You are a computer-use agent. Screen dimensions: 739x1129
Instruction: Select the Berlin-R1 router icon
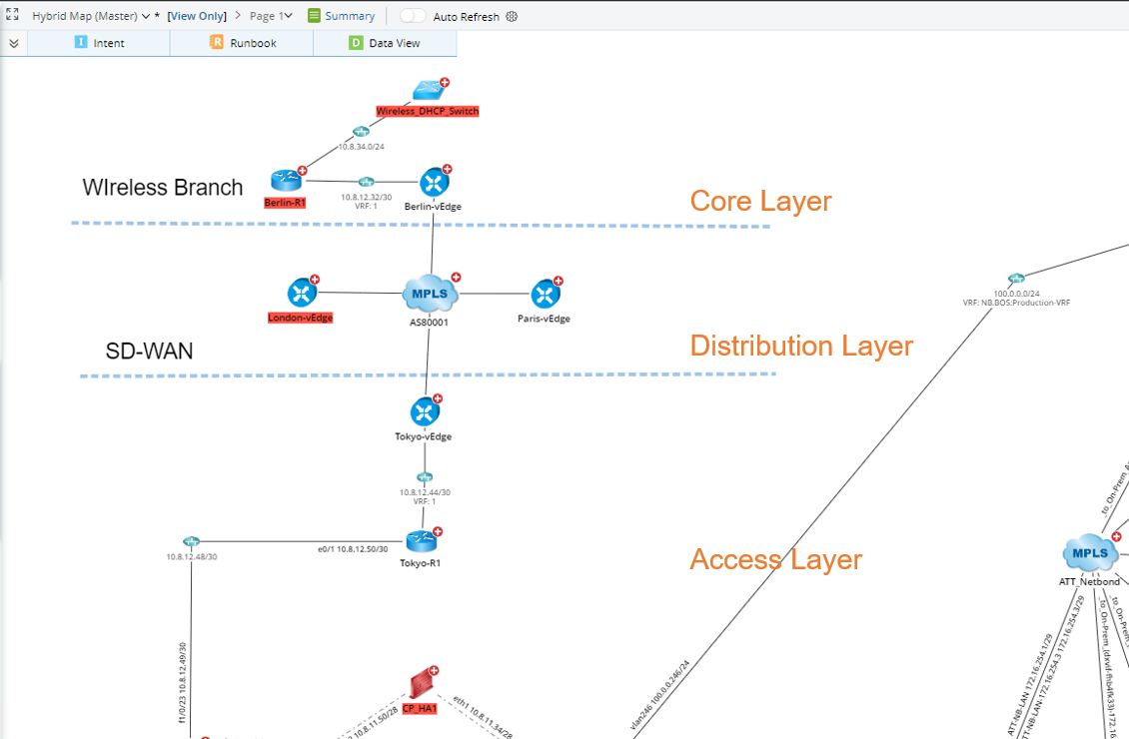286,181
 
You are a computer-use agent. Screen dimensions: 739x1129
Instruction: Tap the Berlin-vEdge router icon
434,183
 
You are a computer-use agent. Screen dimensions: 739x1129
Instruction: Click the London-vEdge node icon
302,293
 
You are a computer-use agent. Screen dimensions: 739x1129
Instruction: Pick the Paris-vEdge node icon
545,294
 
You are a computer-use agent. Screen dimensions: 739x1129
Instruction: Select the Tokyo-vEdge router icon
425,411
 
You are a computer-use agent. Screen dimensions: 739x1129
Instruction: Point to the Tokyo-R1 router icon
421,541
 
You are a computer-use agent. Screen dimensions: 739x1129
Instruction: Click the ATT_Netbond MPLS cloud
1090,553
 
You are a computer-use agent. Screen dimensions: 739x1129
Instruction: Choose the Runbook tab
243,43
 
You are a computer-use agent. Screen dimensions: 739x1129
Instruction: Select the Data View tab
385,43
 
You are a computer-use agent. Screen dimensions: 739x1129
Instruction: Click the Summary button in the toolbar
342,16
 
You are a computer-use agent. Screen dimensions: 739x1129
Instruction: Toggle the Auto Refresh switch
413,16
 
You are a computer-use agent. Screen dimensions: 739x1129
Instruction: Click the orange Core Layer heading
760,201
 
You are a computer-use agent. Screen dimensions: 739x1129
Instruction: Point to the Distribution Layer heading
801,346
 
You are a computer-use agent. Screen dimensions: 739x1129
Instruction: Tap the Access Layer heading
775,559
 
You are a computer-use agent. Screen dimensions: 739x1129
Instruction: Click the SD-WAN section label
150,351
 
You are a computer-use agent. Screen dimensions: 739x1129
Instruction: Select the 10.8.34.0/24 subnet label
361,147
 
